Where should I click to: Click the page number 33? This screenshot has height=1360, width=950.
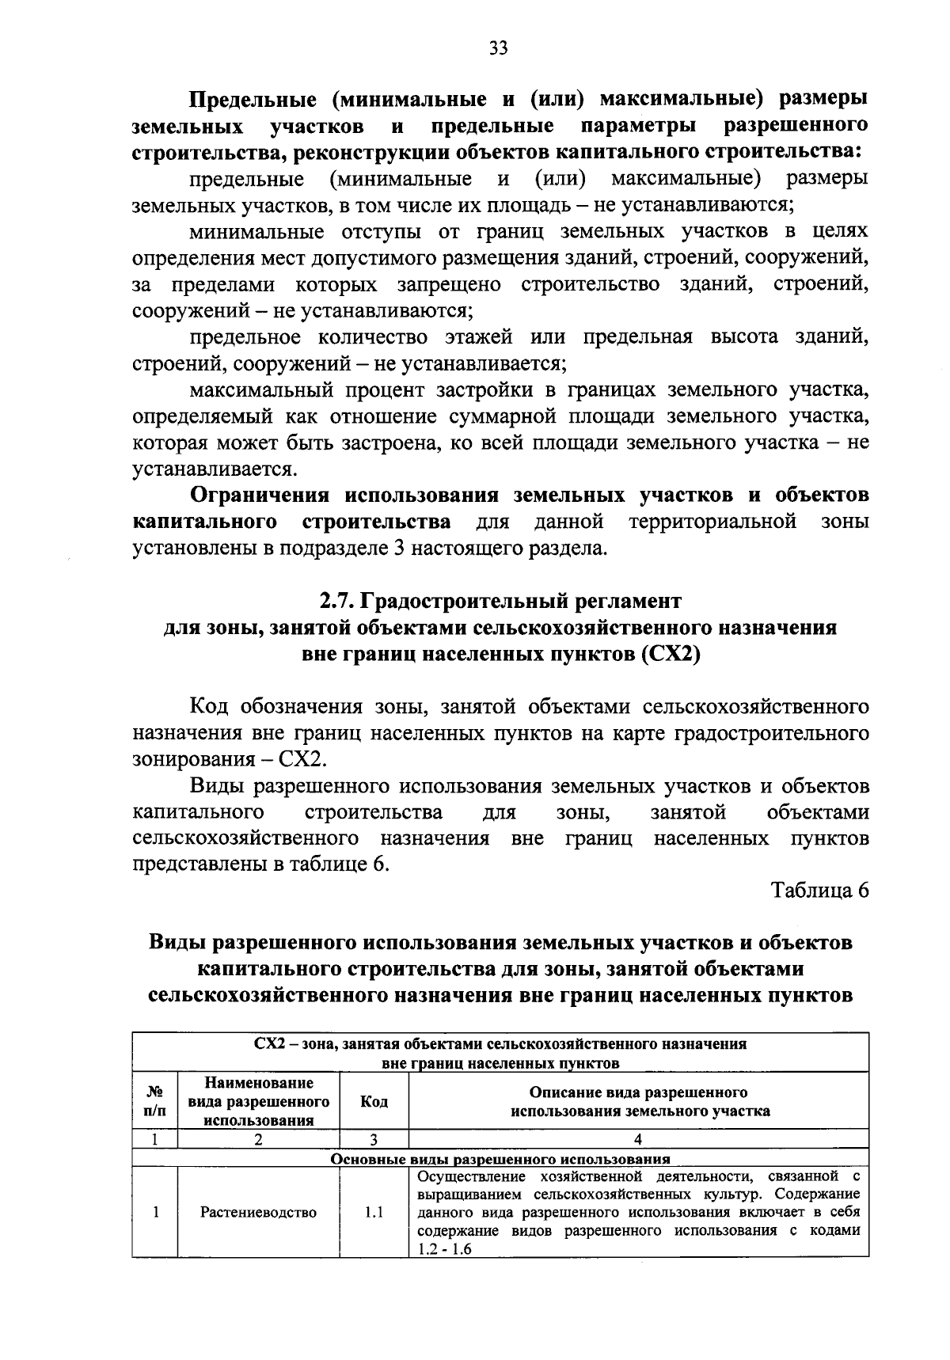498,49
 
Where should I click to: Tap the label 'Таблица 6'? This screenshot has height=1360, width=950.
820,890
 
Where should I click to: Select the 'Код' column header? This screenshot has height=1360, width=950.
374,1101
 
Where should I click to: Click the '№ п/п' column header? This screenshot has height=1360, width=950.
155,1101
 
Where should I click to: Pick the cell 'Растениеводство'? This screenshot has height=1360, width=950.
258,1212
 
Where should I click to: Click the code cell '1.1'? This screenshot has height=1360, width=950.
374,1212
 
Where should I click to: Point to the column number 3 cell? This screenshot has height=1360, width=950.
374,1140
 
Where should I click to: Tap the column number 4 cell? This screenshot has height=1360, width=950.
638,1140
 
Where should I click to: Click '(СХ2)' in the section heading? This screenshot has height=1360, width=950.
671,655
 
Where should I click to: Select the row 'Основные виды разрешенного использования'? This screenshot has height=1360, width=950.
500,1158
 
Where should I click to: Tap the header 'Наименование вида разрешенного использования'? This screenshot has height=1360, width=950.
258,1101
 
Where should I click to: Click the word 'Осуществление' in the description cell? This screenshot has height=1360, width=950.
465,1176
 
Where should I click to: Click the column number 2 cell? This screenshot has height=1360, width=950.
258,1140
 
